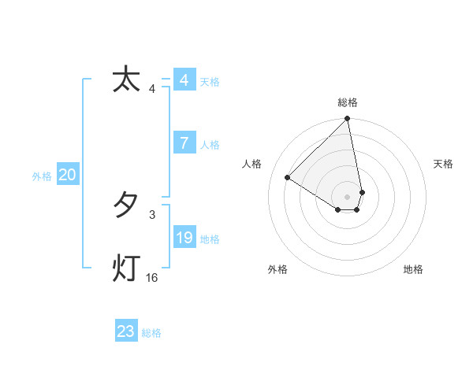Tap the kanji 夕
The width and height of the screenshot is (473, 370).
pyautogui.click(x=126, y=205)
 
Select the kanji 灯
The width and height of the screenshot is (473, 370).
pyautogui.click(x=126, y=268)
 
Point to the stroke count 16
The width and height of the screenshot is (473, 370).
pyautogui.click(x=152, y=278)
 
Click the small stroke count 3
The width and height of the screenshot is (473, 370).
pyautogui.click(x=152, y=214)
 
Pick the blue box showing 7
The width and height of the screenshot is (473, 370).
pyautogui.click(x=184, y=142)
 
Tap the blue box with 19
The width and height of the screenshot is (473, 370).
pyautogui.click(x=184, y=237)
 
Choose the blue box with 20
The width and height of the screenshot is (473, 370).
pyautogui.click(x=67, y=175)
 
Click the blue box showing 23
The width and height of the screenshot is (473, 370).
pyautogui.click(x=125, y=331)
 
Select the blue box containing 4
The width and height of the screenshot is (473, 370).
pyautogui.click(x=184, y=80)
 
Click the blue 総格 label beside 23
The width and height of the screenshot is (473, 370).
pyautogui.click(x=151, y=333)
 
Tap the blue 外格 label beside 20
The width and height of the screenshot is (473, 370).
pyautogui.click(x=42, y=176)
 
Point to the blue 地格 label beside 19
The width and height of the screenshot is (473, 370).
pyautogui.click(x=210, y=239)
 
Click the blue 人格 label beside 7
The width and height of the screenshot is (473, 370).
pyautogui.click(x=210, y=144)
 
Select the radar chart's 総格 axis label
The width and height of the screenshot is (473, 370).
pyautogui.click(x=348, y=102)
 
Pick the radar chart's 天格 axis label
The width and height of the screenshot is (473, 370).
pyautogui.click(x=443, y=164)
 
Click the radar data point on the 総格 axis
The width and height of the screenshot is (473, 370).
pyautogui.click(x=348, y=120)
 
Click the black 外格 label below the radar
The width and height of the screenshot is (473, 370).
pyautogui.click(x=277, y=269)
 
